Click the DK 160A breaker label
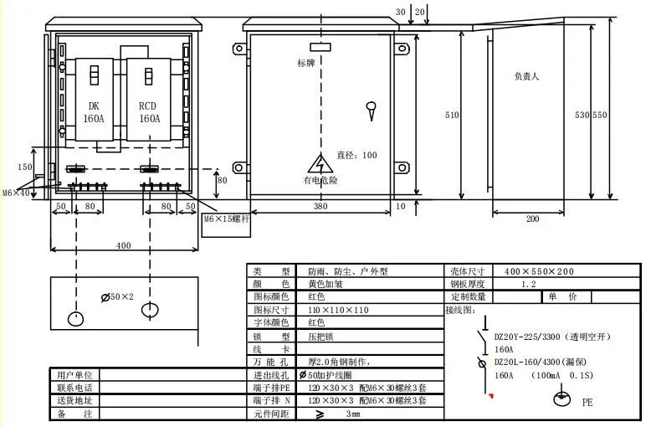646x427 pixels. coord(94,112)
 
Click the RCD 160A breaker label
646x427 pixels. coord(149,112)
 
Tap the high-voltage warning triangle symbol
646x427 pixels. coord(320,164)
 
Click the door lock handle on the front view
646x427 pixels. coord(372,111)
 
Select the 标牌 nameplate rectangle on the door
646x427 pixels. coord(320,47)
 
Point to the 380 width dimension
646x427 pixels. coord(320,206)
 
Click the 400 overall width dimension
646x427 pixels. coord(124,245)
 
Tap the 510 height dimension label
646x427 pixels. coord(452,115)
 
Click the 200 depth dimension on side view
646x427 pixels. coord(532,219)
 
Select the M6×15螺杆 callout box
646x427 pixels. coord(226,224)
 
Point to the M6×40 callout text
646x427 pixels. coord(16,193)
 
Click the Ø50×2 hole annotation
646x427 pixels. coord(117,296)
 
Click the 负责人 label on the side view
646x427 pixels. coord(526,76)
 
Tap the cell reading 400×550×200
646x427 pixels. coord(539,271)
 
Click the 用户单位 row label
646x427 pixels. coord(74,375)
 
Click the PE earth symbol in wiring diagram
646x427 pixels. coord(561,398)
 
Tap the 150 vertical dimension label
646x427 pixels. coord(25,167)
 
